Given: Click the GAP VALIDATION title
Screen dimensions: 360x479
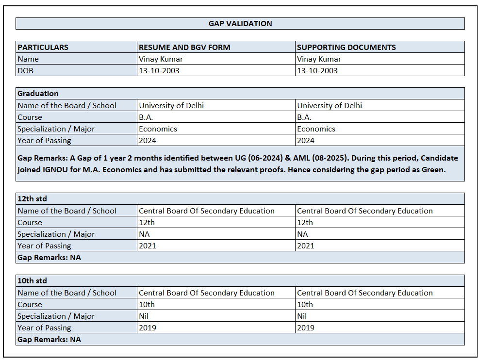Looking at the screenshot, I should click(240, 23).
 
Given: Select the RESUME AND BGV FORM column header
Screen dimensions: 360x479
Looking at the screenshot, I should click(184, 47).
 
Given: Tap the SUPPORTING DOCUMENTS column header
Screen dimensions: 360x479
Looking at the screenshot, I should click(346, 47).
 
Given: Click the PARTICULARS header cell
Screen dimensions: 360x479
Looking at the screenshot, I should click(43, 47).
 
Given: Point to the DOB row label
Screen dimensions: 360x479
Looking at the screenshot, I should click(26, 70).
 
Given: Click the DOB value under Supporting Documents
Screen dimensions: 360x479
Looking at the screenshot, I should click(317, 70).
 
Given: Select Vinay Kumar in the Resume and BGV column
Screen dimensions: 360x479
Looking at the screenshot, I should click(161, 59).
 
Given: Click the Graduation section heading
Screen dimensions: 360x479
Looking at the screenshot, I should click(38, 93).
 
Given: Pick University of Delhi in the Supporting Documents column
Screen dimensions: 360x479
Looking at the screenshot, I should click(330, 105).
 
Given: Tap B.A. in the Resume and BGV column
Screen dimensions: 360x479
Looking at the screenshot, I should click(146, 117).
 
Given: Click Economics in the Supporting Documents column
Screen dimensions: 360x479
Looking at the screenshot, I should click(316, 129).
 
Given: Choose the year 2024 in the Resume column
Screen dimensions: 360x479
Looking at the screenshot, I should click(148, 140).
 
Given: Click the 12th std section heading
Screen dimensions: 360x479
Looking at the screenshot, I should click(32, 198).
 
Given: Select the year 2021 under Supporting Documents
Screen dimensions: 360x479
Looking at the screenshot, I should click(306, 245).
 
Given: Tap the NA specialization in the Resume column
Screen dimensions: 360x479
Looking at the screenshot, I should click(144, 234).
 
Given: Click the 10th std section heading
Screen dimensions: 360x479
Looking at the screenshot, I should click(32, 280).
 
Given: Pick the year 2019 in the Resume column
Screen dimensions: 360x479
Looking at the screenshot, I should click(148, 327).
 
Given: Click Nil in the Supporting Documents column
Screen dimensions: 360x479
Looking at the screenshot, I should click(302, 316).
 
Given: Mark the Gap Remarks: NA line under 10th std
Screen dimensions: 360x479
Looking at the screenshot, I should click(49, 339).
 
